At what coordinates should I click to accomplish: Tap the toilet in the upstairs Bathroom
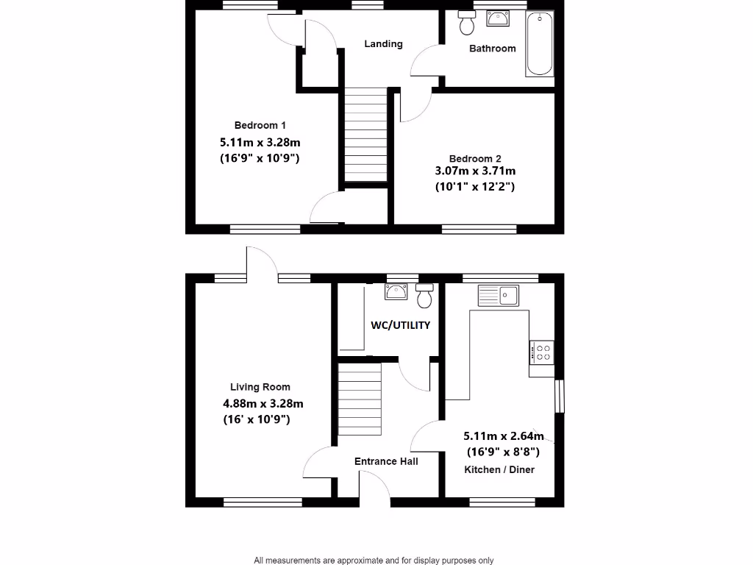coord(466,24)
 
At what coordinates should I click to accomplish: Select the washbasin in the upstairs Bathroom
coord(499,18)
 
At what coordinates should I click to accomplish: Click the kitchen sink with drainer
coord(498,296)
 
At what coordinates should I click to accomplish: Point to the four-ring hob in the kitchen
coord(542,352)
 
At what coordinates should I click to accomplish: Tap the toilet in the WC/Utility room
coord(424,296)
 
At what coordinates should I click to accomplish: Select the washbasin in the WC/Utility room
coord(396,291)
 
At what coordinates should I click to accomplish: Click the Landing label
coord(383,44)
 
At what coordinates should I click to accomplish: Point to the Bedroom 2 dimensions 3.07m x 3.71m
coord(475,171)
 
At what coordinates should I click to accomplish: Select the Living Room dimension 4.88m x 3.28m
coord(263,403)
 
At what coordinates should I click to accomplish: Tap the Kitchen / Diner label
coord(499,469)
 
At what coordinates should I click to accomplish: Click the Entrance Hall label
coord(386,461)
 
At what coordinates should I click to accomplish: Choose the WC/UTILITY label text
coord(400,325)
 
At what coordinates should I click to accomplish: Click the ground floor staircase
coord(360,402)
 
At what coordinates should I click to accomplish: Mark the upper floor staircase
coord(365,137)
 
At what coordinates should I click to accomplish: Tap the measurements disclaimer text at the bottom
coord(374,560)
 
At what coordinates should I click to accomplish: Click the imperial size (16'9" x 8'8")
coord(503,452)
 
